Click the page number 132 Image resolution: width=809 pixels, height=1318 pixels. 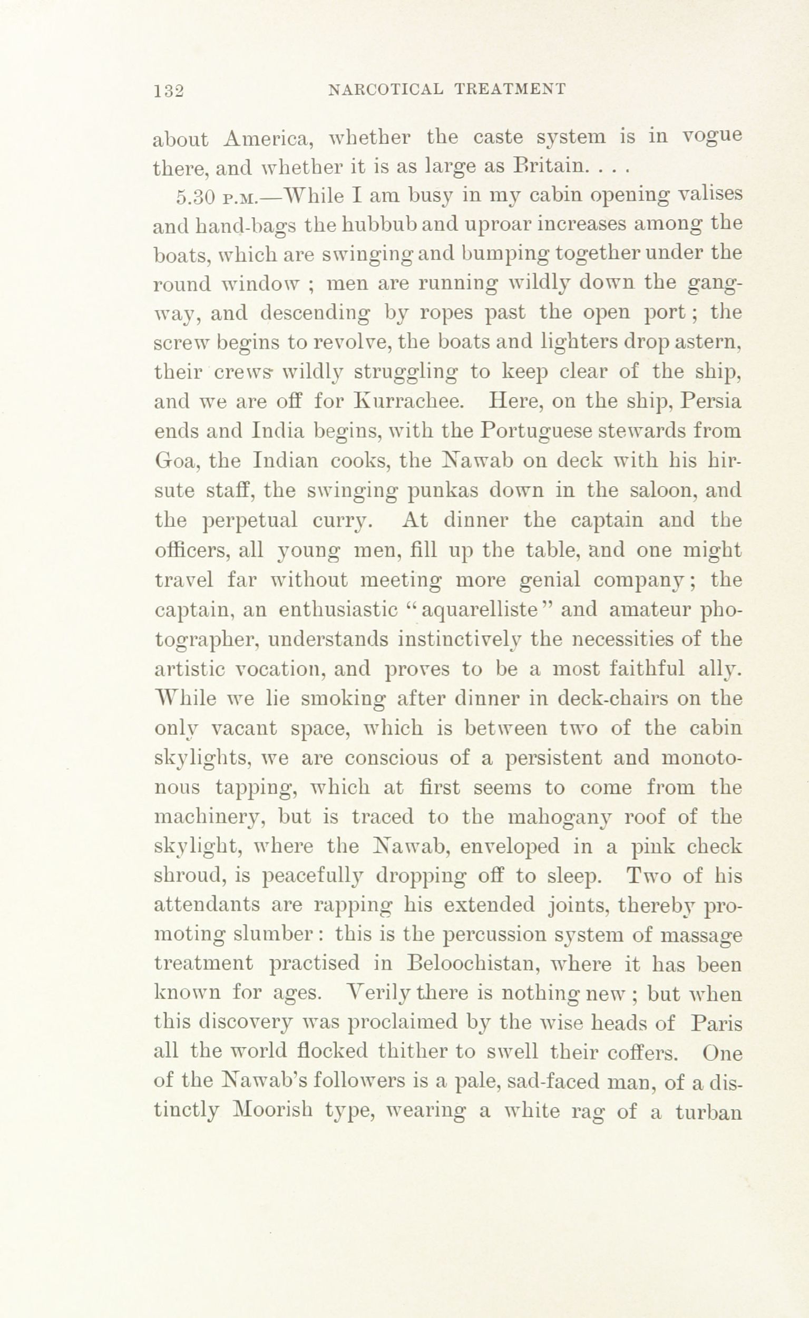point(169,91)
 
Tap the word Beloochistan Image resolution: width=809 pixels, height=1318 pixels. point(480,964)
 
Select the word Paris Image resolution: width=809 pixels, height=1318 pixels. point(716,1023)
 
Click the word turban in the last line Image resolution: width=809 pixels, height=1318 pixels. point(707,1112)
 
